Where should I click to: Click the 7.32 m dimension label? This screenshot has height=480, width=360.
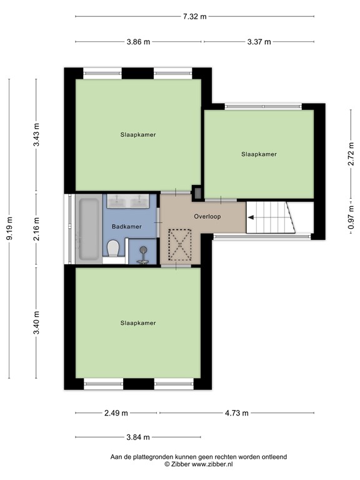(x=194, y=17)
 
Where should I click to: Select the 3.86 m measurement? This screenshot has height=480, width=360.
(x=138, y=42)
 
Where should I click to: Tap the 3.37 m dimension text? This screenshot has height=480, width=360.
(x=259, y=42)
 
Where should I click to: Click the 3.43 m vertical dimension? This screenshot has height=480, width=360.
(x=36, y=135)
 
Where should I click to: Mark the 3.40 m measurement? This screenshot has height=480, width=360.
(x=36, y=322)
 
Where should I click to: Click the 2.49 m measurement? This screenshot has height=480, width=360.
(x=116, y=413)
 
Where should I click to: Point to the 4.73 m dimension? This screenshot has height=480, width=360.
(x=236, y=413)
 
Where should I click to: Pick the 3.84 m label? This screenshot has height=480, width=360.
(x=137, y=437)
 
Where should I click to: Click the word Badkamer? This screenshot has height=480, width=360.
(x=127, y=226)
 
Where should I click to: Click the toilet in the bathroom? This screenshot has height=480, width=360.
(x=113, y=249)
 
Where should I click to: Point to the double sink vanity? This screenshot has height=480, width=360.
(x=131, y=201)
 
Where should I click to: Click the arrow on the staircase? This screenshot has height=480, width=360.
(x=251, y=217)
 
